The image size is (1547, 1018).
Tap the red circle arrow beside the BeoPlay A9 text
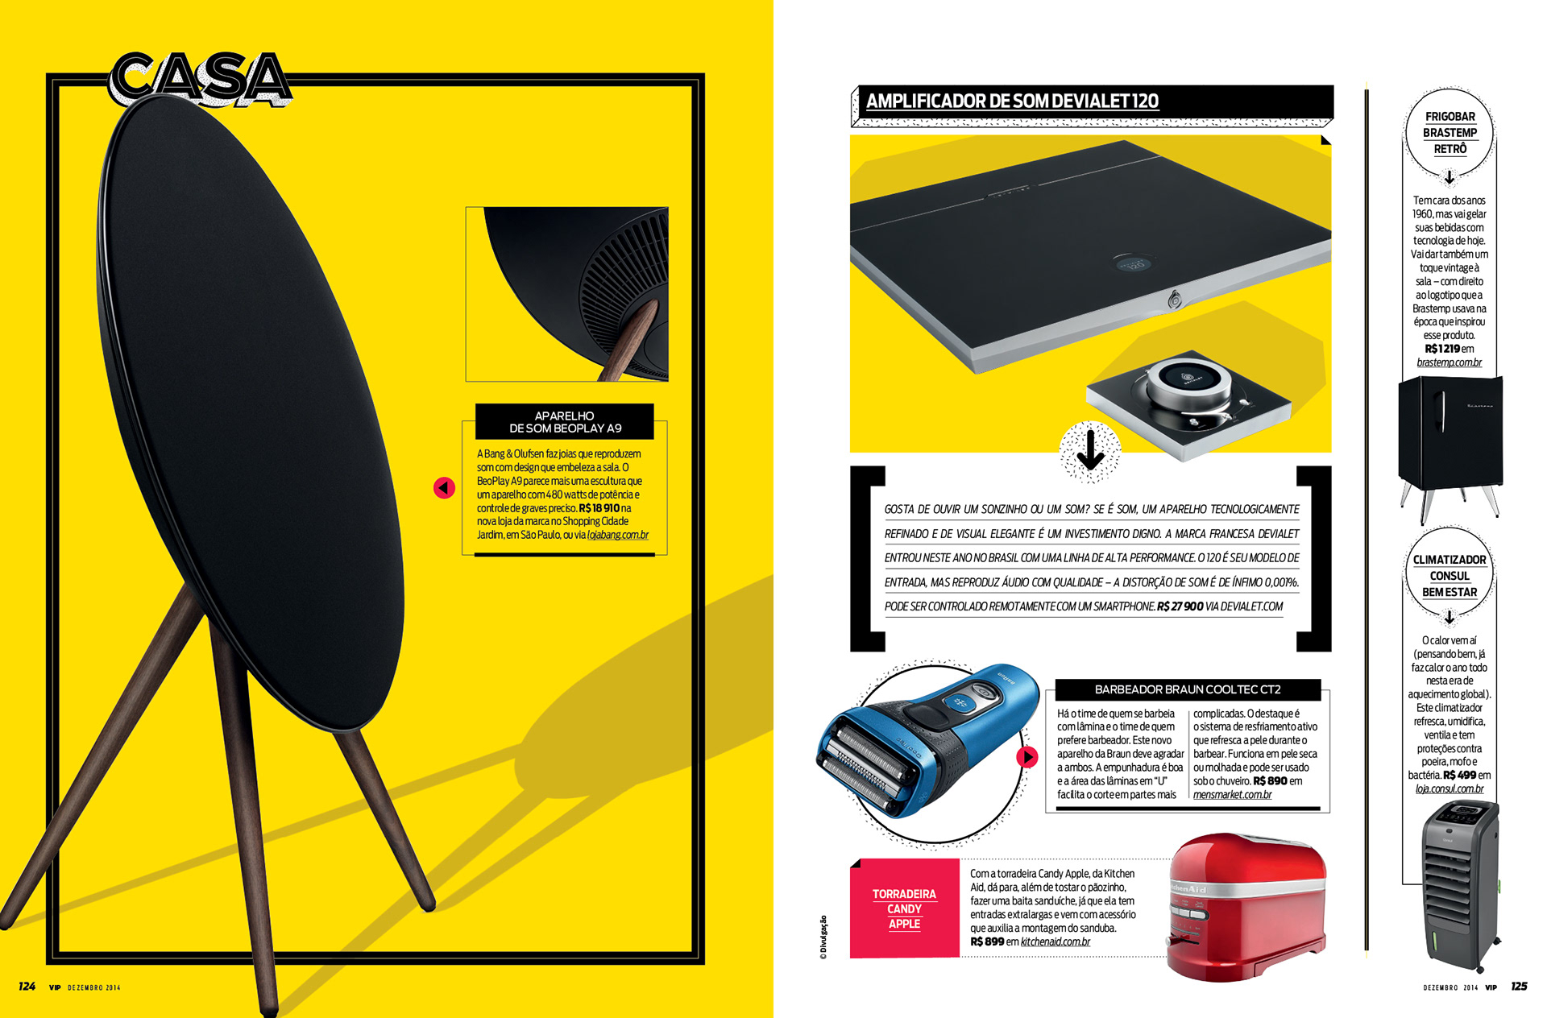[444, 488]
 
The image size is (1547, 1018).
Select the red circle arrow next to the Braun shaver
[1026, 757]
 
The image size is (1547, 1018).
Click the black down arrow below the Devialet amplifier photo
[1090, 450]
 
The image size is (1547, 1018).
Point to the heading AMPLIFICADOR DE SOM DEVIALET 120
[1012, 101]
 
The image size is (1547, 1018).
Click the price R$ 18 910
[599, 508]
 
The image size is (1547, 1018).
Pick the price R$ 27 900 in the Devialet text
[1180, 606]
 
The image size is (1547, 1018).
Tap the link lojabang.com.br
[618, 535]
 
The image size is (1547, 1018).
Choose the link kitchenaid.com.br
[1056, 941]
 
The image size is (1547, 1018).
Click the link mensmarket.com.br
[1232, 795]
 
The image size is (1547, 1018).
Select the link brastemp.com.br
[1449, 362]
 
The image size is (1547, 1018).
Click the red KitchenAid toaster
[1246, 910]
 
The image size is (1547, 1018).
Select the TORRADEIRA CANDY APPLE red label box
[904, 909]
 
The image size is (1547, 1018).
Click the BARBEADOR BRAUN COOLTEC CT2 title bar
[1188, 689]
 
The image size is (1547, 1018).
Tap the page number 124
[27, 987]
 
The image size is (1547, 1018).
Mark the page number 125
[1519, 987]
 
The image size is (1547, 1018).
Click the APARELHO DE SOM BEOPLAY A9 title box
[565, 422]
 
